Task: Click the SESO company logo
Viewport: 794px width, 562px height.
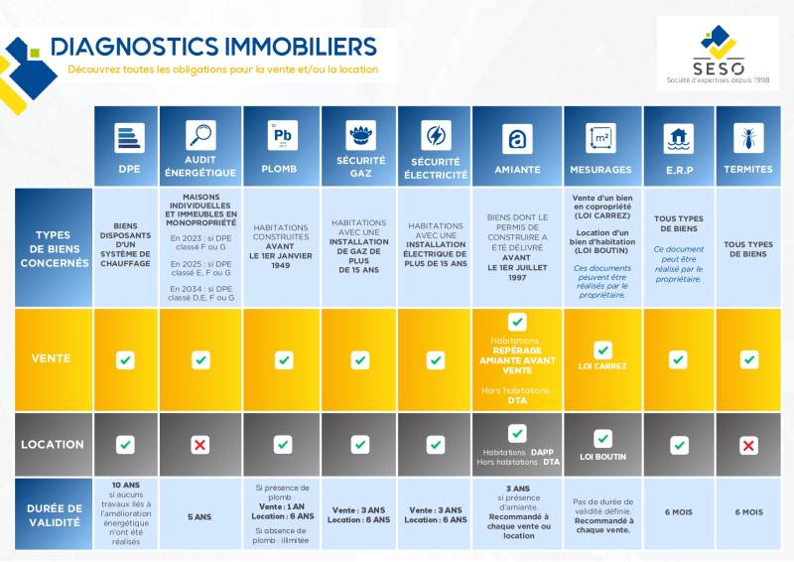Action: click(x=718, y=53)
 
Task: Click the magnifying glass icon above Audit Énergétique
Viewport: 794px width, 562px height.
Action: click(x=200, y=134)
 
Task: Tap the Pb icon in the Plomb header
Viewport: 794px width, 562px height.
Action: click(x=282, y=134)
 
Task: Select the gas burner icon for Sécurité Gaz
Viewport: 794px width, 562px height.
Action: click(x=359, y=135)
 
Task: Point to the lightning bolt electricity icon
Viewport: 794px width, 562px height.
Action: click(x=435, y=135)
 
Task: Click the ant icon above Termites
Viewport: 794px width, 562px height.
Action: click(x=748, y=136)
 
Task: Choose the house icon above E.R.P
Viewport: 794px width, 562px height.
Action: click(x=679, y=136)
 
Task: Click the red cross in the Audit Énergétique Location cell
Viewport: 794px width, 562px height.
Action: click(x=200, y=445)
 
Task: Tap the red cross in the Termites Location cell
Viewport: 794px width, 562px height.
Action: click(x=748, y=446)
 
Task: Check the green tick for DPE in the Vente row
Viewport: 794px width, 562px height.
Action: click(x=125, y=359)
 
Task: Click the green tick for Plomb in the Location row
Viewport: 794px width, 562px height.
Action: click(x=283, y=445)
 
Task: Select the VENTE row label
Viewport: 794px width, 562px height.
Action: click(x=52, y=359)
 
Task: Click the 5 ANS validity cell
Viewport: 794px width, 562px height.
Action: click(x=200, y=516)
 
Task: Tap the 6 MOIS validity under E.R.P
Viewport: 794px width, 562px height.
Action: click(x=679, y=512)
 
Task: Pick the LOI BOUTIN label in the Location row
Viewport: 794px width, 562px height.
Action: click(x=602, y=458)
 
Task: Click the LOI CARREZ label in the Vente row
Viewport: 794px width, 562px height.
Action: click(x=602, y=366)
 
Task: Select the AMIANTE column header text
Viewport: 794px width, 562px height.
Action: click(x=517, y=170)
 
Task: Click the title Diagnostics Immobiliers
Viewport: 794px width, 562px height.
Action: click(x=213, y=47)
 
